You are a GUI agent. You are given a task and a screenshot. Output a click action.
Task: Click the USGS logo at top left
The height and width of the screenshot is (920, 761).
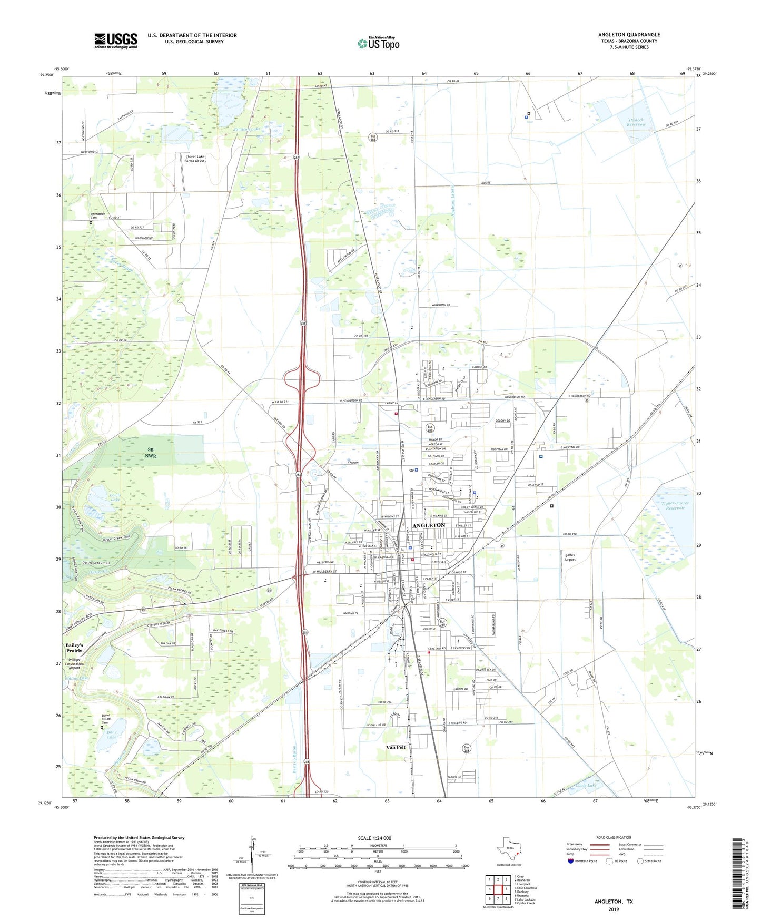(116, 41)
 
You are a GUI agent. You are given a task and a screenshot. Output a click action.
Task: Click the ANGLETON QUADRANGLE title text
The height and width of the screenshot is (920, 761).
(629, 35)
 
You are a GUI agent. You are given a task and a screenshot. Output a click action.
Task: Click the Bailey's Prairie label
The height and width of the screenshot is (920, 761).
(74, 648)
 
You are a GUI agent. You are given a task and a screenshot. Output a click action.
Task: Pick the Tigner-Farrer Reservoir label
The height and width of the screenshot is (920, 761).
(675, 505)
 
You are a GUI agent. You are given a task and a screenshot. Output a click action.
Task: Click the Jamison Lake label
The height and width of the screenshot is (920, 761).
(247, 129)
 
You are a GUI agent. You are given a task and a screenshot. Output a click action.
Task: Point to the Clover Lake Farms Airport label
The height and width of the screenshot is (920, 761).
(195, 159)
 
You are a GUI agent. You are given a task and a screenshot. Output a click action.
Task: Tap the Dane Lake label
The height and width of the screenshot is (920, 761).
(112, 735)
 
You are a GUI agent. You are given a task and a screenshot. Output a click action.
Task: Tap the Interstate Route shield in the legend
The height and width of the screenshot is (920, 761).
(570, 861)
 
